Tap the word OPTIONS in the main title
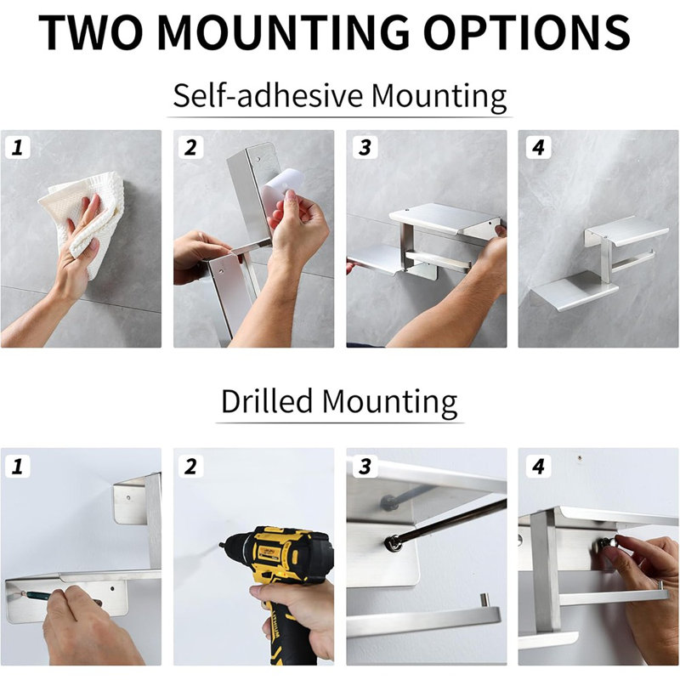(526, 31)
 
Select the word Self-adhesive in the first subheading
(268, 95)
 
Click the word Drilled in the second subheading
(267, 401)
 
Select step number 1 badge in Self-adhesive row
(17, 147)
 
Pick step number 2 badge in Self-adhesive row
(190, 147)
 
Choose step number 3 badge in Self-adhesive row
(365, 147)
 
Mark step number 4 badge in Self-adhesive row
(538, 147)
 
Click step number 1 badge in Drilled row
(17, 466)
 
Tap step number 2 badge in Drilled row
(190, 466)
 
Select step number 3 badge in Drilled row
(365, 466)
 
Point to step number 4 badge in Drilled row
(538, 466)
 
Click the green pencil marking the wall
(37, 594)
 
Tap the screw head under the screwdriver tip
(393, 542)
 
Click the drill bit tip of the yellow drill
(221, 545)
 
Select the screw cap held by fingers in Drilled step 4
(605, 544)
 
